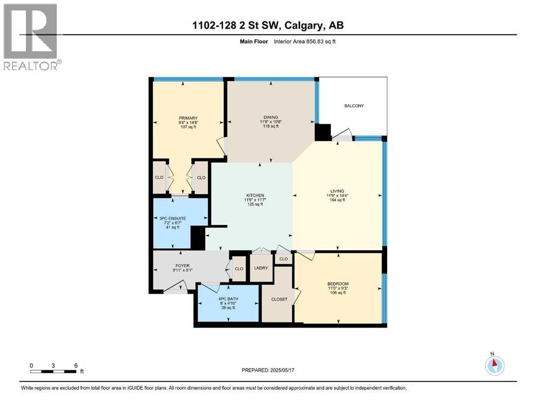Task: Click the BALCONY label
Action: tap(354, 106)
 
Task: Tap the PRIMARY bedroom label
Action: tap(188, 118)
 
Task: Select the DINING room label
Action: tap(270, 117)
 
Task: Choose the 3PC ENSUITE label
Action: tap(173, 218)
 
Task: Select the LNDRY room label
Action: tap(261, 268)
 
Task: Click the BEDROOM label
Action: tap(338, 284)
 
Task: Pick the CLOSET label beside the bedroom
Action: tap(279, 299)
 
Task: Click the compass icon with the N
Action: tap(494, 365)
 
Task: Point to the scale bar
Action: tap(53, 371)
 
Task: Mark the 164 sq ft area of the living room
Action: tap(337, 200)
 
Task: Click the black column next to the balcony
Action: tap(323, 132)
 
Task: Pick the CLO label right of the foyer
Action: tap(238, 269)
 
